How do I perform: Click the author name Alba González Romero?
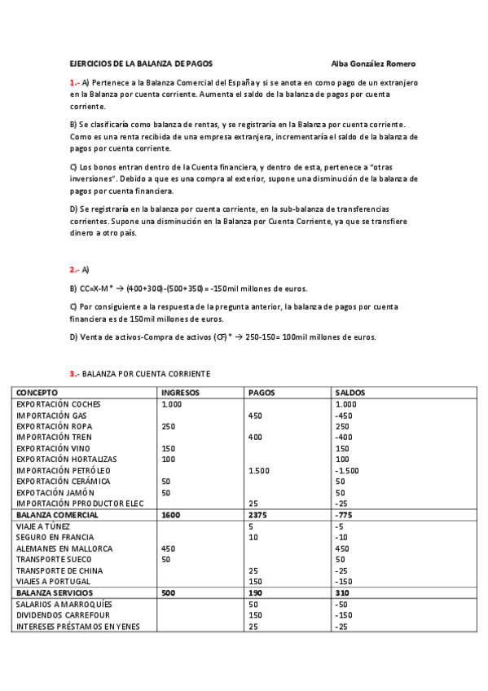379,63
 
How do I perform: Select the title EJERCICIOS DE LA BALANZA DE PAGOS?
141,63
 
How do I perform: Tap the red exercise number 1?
74,82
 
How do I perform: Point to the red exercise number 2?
74,269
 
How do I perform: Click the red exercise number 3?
74,373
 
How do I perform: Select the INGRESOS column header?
181,393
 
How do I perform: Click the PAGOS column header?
261,393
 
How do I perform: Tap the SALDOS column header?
350,393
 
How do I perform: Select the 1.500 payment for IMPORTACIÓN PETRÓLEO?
260,471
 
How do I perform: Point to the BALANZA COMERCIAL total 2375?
258,515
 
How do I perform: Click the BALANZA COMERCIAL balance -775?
345,515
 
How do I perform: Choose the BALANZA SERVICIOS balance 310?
342,593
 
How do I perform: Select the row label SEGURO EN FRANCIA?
53,538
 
